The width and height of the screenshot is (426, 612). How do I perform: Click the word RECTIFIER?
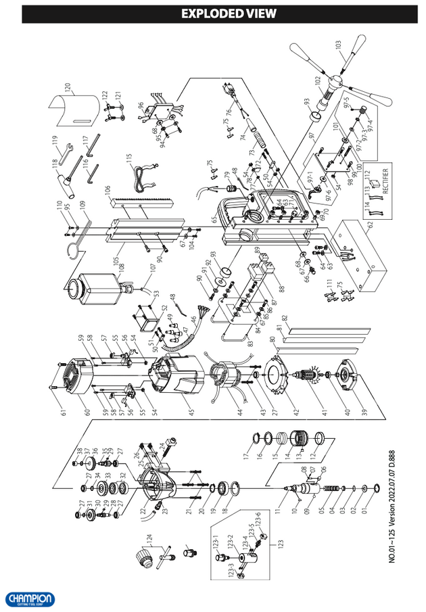click(385, 181)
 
